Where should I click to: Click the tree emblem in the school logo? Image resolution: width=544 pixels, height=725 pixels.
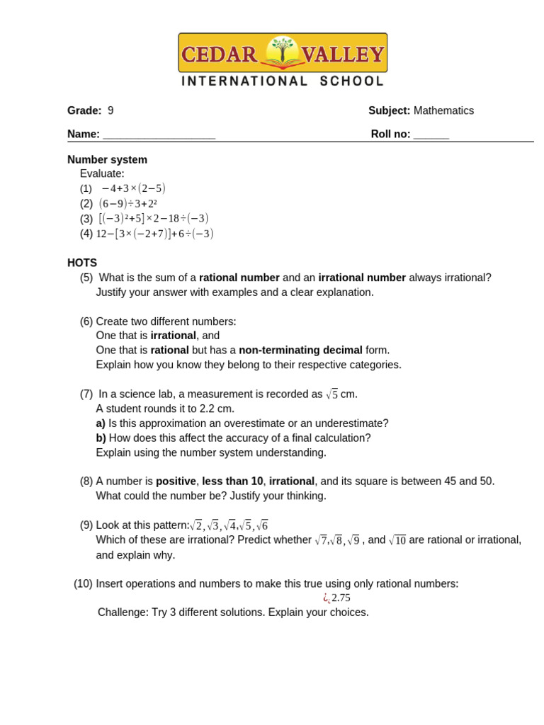tap(283, 52)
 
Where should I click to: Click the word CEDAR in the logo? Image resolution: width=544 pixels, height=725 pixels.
tap(220, 55)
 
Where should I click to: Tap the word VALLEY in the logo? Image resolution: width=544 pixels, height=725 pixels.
tap(343, 55)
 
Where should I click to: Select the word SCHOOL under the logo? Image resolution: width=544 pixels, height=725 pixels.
tap(351, 81)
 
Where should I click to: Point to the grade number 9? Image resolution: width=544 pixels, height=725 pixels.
tap(110, 110)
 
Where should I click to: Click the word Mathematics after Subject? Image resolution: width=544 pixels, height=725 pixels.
tap(443, 110)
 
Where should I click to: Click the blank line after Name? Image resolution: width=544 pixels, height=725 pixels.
tap(159, 135)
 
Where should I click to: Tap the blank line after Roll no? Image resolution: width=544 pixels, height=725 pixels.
tap(431, 135)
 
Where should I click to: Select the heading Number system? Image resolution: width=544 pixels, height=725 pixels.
tap(107, 159)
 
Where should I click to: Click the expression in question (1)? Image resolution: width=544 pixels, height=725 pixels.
tap(133, 188)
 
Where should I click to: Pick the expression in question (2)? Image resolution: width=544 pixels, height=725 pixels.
tap(127, 203)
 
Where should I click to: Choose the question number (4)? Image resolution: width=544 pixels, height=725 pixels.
tap(86, 234)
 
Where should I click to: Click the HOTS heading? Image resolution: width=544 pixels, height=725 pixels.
tap(82, 263)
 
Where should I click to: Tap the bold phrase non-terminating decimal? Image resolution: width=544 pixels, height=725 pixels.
tap(300, 350)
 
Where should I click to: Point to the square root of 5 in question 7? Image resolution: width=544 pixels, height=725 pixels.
tap(331, 394)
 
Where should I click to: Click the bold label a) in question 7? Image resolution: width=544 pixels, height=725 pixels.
tap(101, 423)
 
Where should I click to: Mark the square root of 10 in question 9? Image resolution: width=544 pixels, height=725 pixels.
tap(397, 540)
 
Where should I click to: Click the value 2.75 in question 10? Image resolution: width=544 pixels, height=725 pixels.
tap(341, 598)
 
